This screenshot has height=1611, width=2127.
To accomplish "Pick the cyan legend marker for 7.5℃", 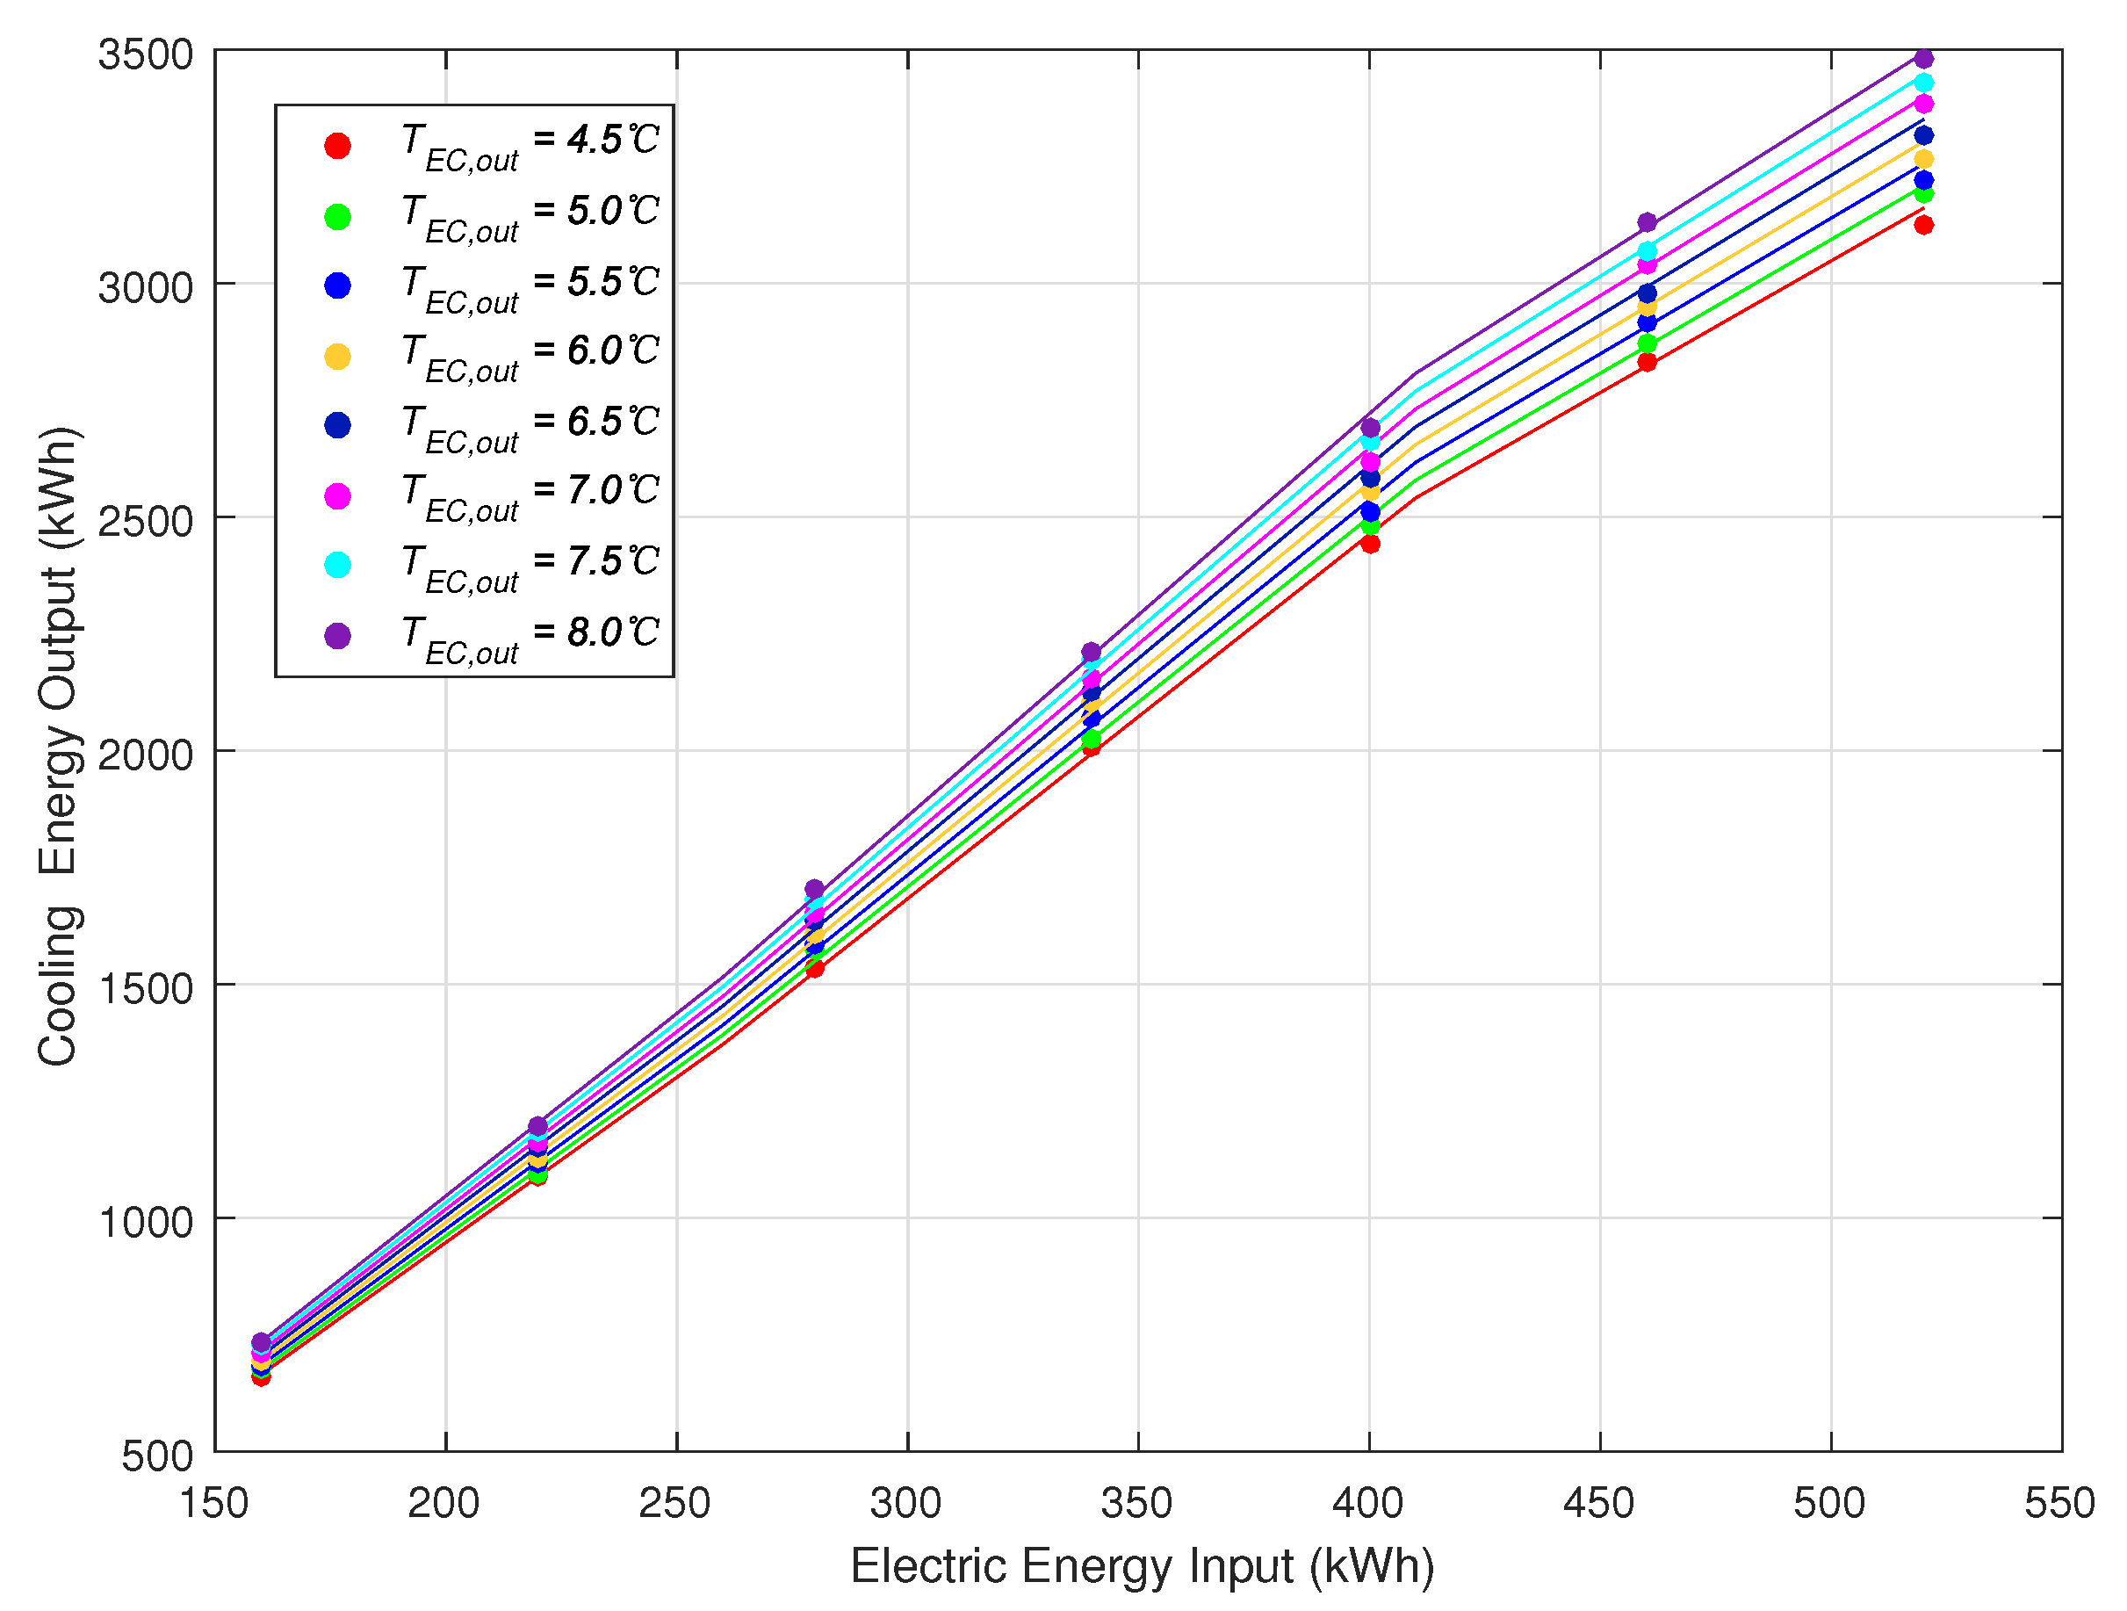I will (337, 565).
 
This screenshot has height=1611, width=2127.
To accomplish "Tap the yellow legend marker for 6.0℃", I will (337, 357).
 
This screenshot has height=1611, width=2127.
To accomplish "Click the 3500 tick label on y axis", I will (145, 54).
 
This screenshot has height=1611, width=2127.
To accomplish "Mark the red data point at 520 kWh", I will (1923, 225).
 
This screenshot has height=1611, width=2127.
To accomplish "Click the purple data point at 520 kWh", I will (1923, 59).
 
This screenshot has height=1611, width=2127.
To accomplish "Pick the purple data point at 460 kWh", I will (1647, 222).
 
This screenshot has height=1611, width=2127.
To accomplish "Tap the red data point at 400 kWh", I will (1370, 545).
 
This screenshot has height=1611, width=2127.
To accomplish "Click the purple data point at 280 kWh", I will (814, 889).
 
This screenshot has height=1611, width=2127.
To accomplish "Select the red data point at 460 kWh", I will (1647, 363).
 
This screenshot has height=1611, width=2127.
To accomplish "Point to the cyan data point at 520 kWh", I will (1923, 83).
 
